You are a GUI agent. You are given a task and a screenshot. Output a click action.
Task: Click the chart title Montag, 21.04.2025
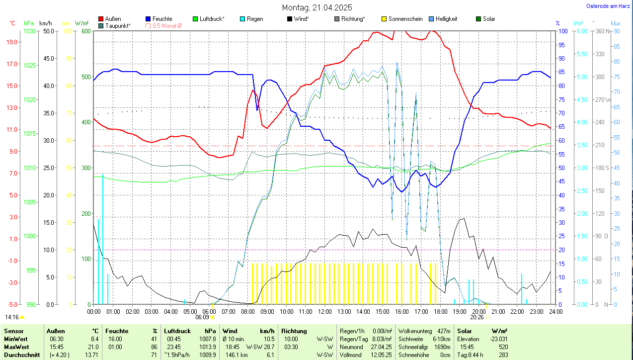click(317, 7)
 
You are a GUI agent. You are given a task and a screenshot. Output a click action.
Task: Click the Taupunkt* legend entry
click(118, 25)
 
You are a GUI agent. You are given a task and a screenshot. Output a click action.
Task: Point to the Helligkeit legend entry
click(446, 19)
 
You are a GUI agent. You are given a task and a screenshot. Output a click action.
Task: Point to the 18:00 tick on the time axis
click(440, 311)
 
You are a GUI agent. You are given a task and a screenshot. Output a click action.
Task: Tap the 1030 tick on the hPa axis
click(30, 31)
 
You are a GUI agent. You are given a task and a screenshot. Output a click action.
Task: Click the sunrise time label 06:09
click(202, 317)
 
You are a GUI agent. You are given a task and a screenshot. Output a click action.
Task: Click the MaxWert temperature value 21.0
click(93, 347)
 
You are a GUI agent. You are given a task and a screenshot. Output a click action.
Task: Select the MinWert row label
click(15, 339)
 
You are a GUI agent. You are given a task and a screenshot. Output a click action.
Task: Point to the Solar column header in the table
click(464, 331)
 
